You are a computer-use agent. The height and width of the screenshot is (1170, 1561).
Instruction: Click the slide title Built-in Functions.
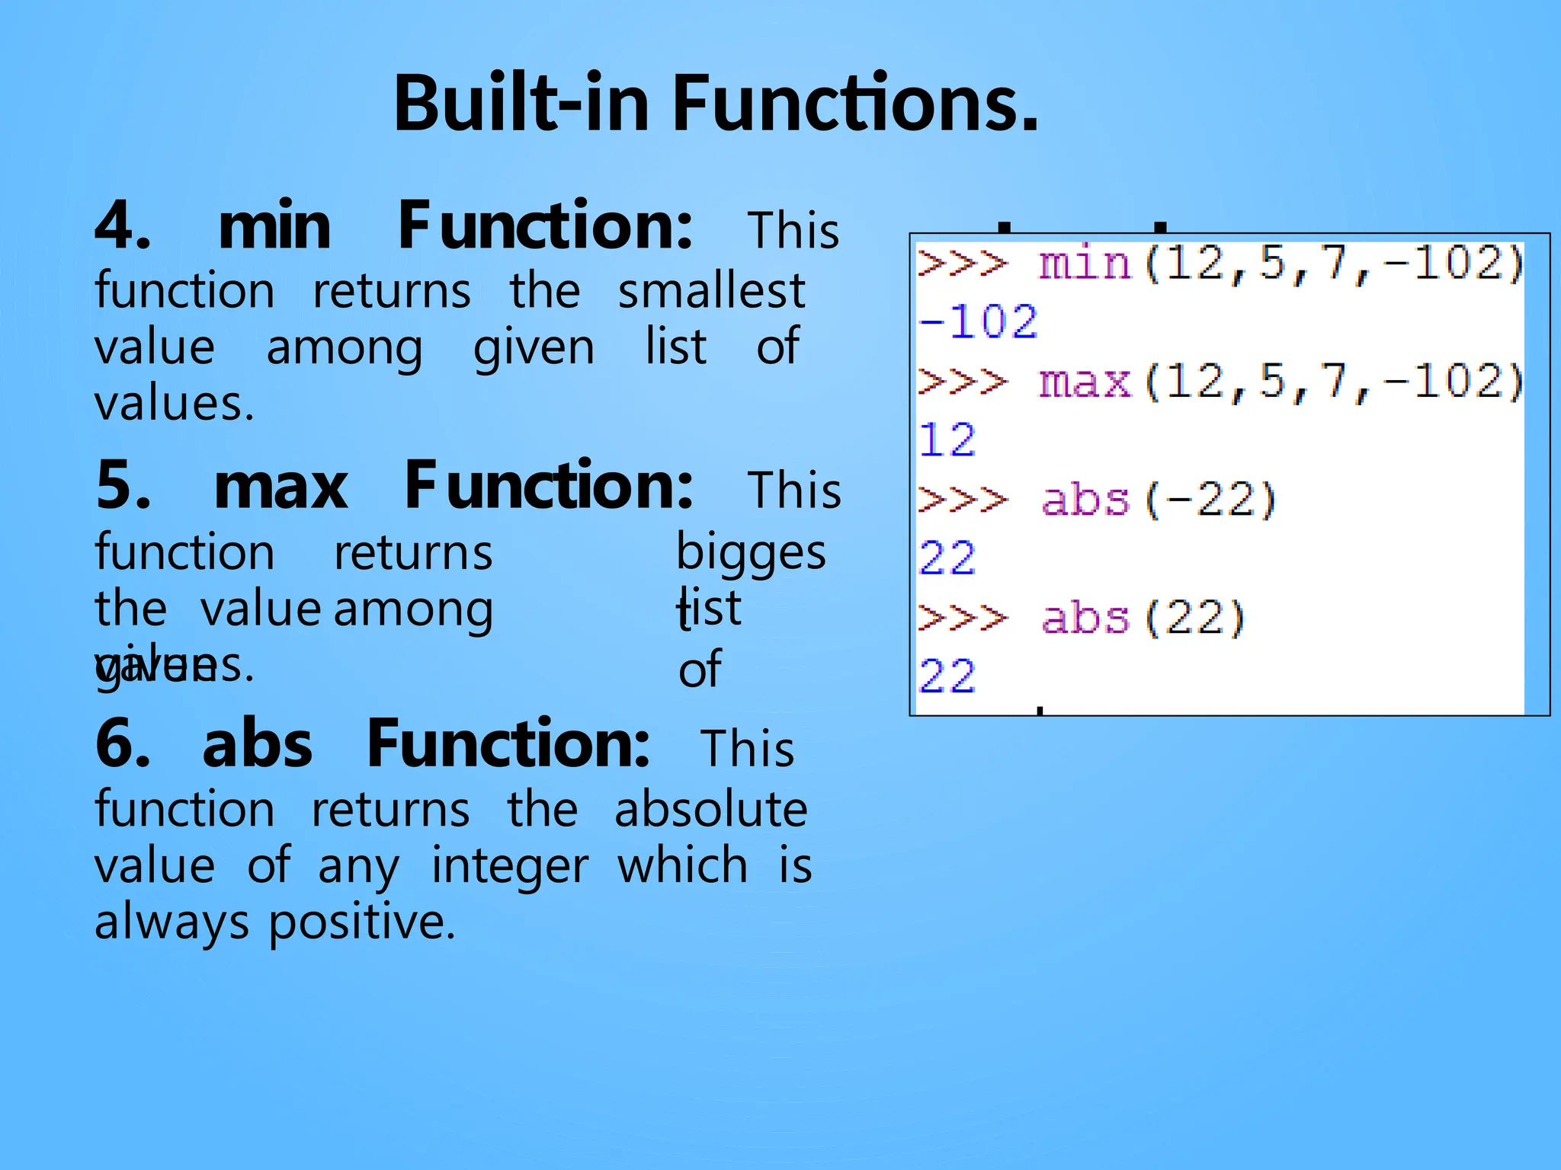pos(716,103)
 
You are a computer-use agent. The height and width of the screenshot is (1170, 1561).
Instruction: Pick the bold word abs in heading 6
pos(258,744)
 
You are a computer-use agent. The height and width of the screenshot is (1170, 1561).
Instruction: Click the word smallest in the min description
pos(711,291)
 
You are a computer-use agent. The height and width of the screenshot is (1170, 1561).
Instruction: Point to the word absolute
pos(710,809)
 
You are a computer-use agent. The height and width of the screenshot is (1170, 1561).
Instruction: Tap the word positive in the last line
pos(362,922)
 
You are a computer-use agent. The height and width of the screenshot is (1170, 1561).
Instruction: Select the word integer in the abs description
pos(510,866)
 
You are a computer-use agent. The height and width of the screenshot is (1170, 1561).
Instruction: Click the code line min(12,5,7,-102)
pos(1281,264)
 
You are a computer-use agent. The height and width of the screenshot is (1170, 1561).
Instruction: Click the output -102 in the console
pos(979,321)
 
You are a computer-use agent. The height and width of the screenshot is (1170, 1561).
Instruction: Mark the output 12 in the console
pos(947,440)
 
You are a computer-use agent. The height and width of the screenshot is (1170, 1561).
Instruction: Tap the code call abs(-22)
pos(1159,500)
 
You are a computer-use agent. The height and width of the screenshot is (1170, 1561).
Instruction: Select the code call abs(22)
pos(1143,618)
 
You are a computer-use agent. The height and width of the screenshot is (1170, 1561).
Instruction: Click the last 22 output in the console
pos(947,676)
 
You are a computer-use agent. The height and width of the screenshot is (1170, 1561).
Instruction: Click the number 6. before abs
pos(123,744)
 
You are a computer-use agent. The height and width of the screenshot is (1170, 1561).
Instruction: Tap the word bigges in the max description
pos(751,552)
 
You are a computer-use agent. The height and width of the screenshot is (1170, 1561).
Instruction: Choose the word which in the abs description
pos(682,866)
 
